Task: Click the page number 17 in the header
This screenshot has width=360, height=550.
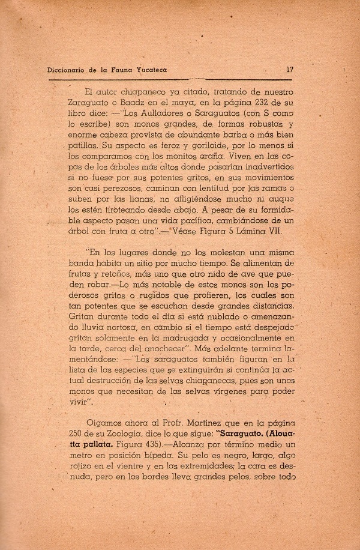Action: [290, 69]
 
